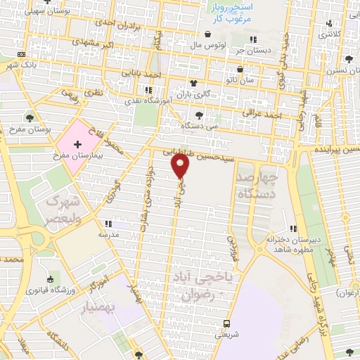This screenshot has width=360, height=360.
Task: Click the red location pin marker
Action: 181,166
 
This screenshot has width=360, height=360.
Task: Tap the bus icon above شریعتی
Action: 226,323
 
